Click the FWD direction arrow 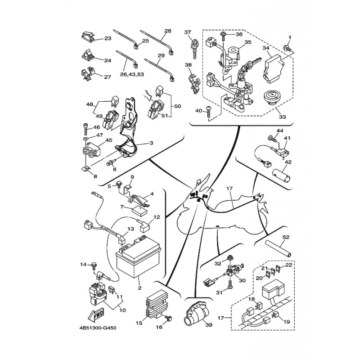[96, 315]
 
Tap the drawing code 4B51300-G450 [98, 328]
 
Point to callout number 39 [209, 325]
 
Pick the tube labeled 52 [278, 249]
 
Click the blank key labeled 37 [195, 49]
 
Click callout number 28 [168, 31]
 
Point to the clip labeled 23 [88, 36]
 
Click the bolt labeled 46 [85, 130]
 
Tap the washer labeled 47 [86, 139]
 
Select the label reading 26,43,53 [132, 74]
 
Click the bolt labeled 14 [94, 266]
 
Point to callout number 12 [157, 217]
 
